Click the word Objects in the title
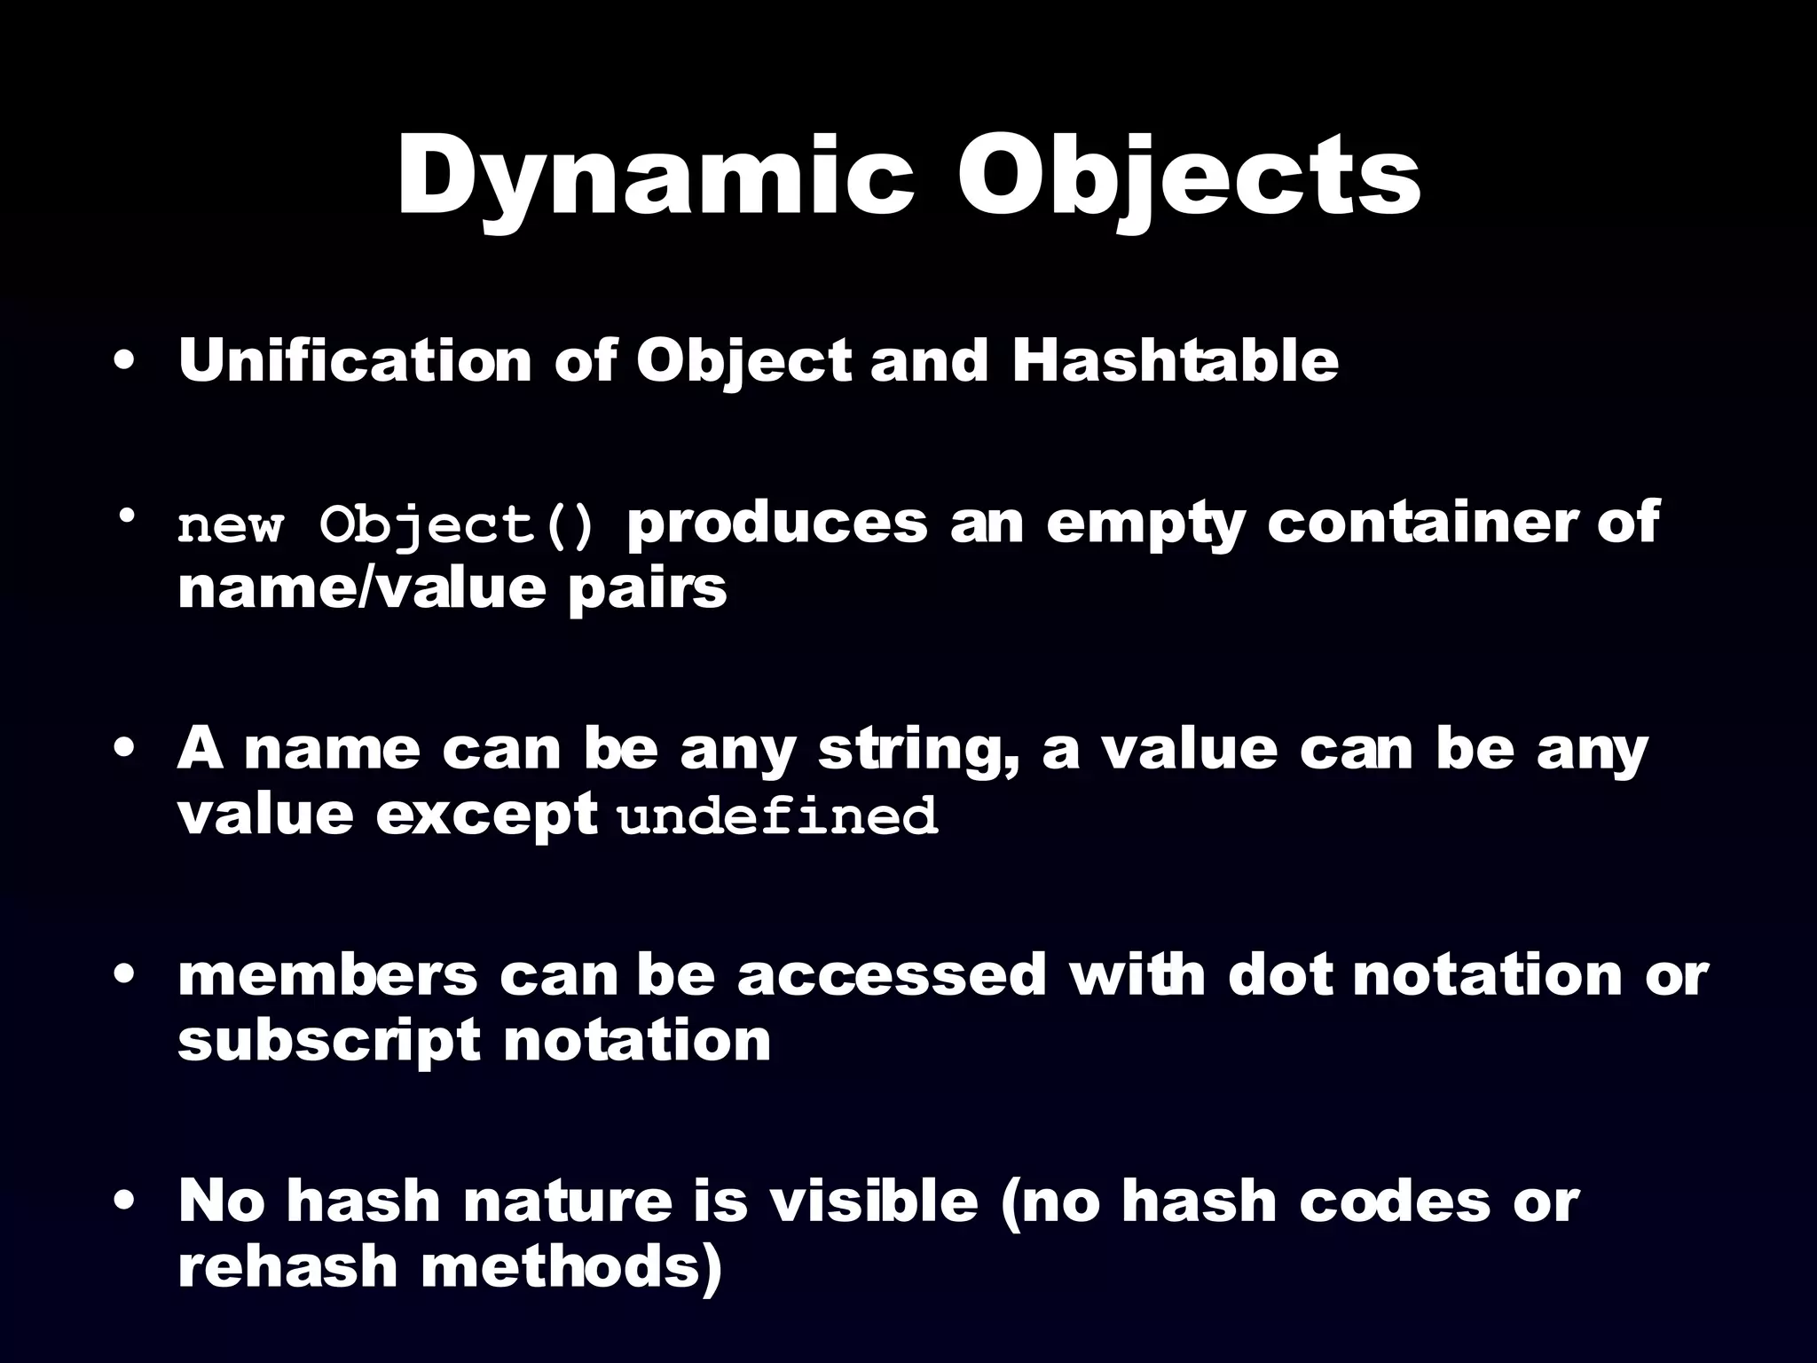coord(1189,177)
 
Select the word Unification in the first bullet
coord(354,361)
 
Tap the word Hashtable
coord(1176,361)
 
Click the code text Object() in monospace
coord(458,525)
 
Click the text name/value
coord(360,588)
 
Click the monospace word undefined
coord(777,816)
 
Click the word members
coord(327,975)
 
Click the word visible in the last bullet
coord(873,1201)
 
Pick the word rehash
coord(287,1266)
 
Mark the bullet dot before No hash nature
coord(125,1203)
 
